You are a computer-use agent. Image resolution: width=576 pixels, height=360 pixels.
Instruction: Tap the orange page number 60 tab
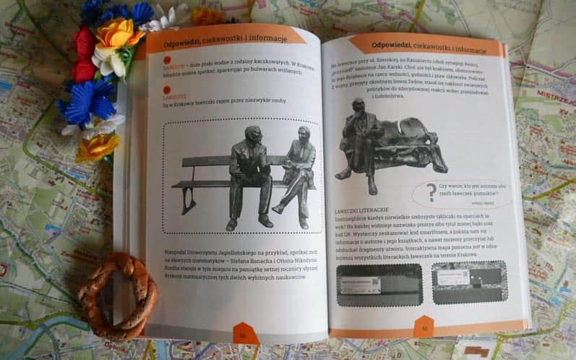pyautogui.click(x=245, y=334)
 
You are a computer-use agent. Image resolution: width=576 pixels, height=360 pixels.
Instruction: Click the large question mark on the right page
pyautogui.click(x=431, y=192)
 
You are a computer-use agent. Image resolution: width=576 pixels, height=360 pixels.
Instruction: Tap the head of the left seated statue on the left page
pyautogui.click(x=253, y=135)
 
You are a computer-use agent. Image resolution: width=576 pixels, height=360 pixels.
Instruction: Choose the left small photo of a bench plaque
pyautogui.click(x=379, y=284)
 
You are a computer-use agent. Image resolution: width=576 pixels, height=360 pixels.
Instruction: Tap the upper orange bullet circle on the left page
pyautogui.click(x=166, y=60)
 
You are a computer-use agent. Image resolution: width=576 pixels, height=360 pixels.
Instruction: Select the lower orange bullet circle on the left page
pyautogui.click(x=166, y=88)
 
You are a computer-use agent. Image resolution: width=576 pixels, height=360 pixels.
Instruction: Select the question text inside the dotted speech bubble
pyautogui.click(x=472, y=190)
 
